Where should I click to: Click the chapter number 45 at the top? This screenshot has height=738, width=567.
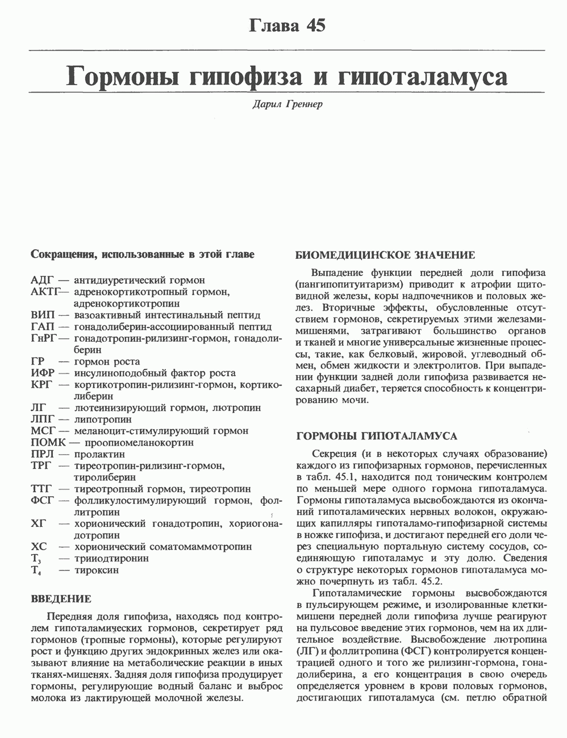[315, 26]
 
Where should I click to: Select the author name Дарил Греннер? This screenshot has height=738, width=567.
[287, 105]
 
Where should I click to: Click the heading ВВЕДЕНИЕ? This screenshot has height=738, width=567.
[61, 599]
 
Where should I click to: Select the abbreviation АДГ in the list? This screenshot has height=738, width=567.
[42, 280]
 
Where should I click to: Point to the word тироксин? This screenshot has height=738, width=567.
[97, 570]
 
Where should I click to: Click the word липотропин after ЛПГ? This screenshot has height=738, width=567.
[103, 420]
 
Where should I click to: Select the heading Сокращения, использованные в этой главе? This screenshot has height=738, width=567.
[142, 255]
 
